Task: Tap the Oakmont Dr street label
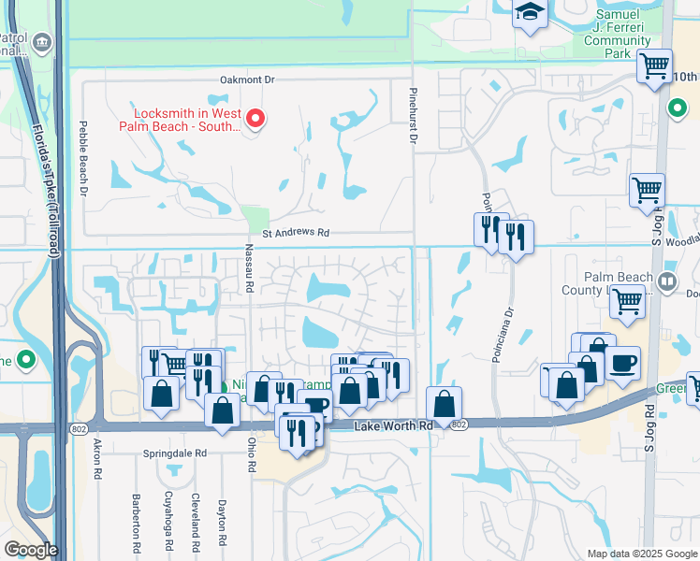point(247,80)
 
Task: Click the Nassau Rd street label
point(250,268)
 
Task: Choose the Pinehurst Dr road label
point(411,116)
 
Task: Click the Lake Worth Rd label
point(394,425)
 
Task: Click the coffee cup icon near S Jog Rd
point(622,364)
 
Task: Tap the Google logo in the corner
point(31,550)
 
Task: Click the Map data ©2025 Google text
point(642,554)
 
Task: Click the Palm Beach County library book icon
point(666,280)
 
